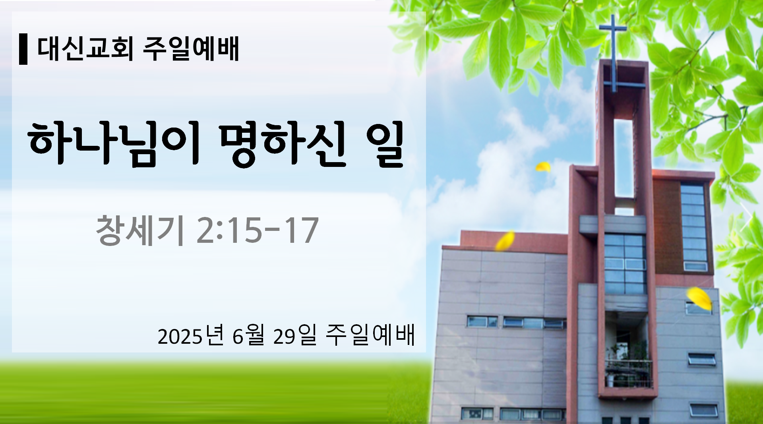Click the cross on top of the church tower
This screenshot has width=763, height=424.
tap(613, 52)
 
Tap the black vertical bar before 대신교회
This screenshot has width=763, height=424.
tap(23, 49)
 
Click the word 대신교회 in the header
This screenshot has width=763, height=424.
tap(85, 49)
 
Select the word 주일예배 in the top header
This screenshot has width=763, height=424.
tap(191, 49)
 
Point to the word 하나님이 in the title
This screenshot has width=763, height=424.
tap(114, 144)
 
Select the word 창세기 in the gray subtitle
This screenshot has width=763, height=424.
tap(140, 230)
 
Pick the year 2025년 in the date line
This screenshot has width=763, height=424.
tap(191, 336)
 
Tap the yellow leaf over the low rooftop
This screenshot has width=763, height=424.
tap(505, 240)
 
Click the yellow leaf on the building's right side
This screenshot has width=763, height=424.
tap(699, 298)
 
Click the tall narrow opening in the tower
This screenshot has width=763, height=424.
tap(624, 158)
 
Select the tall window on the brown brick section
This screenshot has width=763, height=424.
tap(694, 227)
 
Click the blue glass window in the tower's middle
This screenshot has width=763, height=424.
tap(625, 264)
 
